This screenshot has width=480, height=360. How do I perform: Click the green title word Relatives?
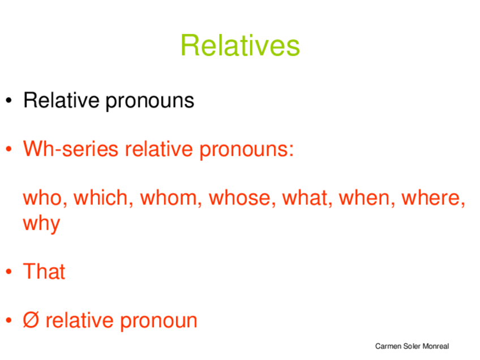[240, 45]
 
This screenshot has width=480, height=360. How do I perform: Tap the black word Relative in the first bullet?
[61, 100]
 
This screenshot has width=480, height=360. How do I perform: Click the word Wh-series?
[71, 149]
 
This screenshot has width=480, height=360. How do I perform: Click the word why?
[42, 224]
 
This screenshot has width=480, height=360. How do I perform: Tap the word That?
[44, 271]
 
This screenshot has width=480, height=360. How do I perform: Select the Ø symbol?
[31, 320]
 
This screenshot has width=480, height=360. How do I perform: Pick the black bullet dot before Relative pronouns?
[9, 100]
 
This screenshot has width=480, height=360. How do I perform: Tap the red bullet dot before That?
[9, 272]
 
